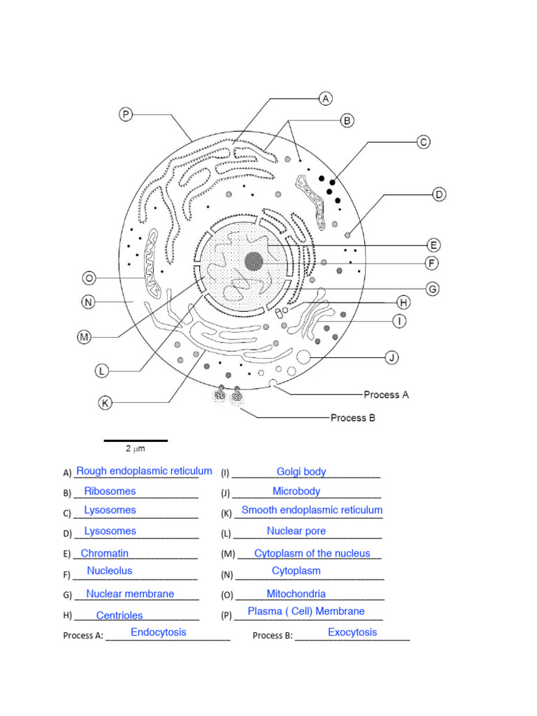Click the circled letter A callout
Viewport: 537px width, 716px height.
tap(326, 99)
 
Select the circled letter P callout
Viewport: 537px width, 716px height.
tap(125, 114)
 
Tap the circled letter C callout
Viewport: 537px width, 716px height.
tap(423, 142)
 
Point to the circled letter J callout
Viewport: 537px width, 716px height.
tap(392, 358)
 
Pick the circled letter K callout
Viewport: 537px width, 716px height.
tap(105, 403)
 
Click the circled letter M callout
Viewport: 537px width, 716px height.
tap(84, 337)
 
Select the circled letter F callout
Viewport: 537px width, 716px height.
tap(432, 263)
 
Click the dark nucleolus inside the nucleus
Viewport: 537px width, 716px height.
tap(254, 262)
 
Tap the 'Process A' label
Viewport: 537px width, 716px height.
tap(386, 394)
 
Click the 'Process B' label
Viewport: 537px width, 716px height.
tap(352, 417)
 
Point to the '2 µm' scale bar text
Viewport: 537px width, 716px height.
tap(135, 448)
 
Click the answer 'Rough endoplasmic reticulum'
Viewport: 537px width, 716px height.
tap(144, 471)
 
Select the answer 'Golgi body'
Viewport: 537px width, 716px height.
tap(301, 472)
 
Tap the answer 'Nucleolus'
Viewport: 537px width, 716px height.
tap(110, 571)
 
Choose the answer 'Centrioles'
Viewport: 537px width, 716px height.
tap(120, 616)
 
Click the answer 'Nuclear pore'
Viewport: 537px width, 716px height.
tap(296, 531)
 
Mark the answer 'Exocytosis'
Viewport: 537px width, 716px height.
tap(352, 633)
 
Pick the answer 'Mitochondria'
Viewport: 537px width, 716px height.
tap(296, 594)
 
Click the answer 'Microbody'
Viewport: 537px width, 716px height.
tap(296, 492)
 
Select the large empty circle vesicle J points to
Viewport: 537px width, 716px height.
tap(304, 357)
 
